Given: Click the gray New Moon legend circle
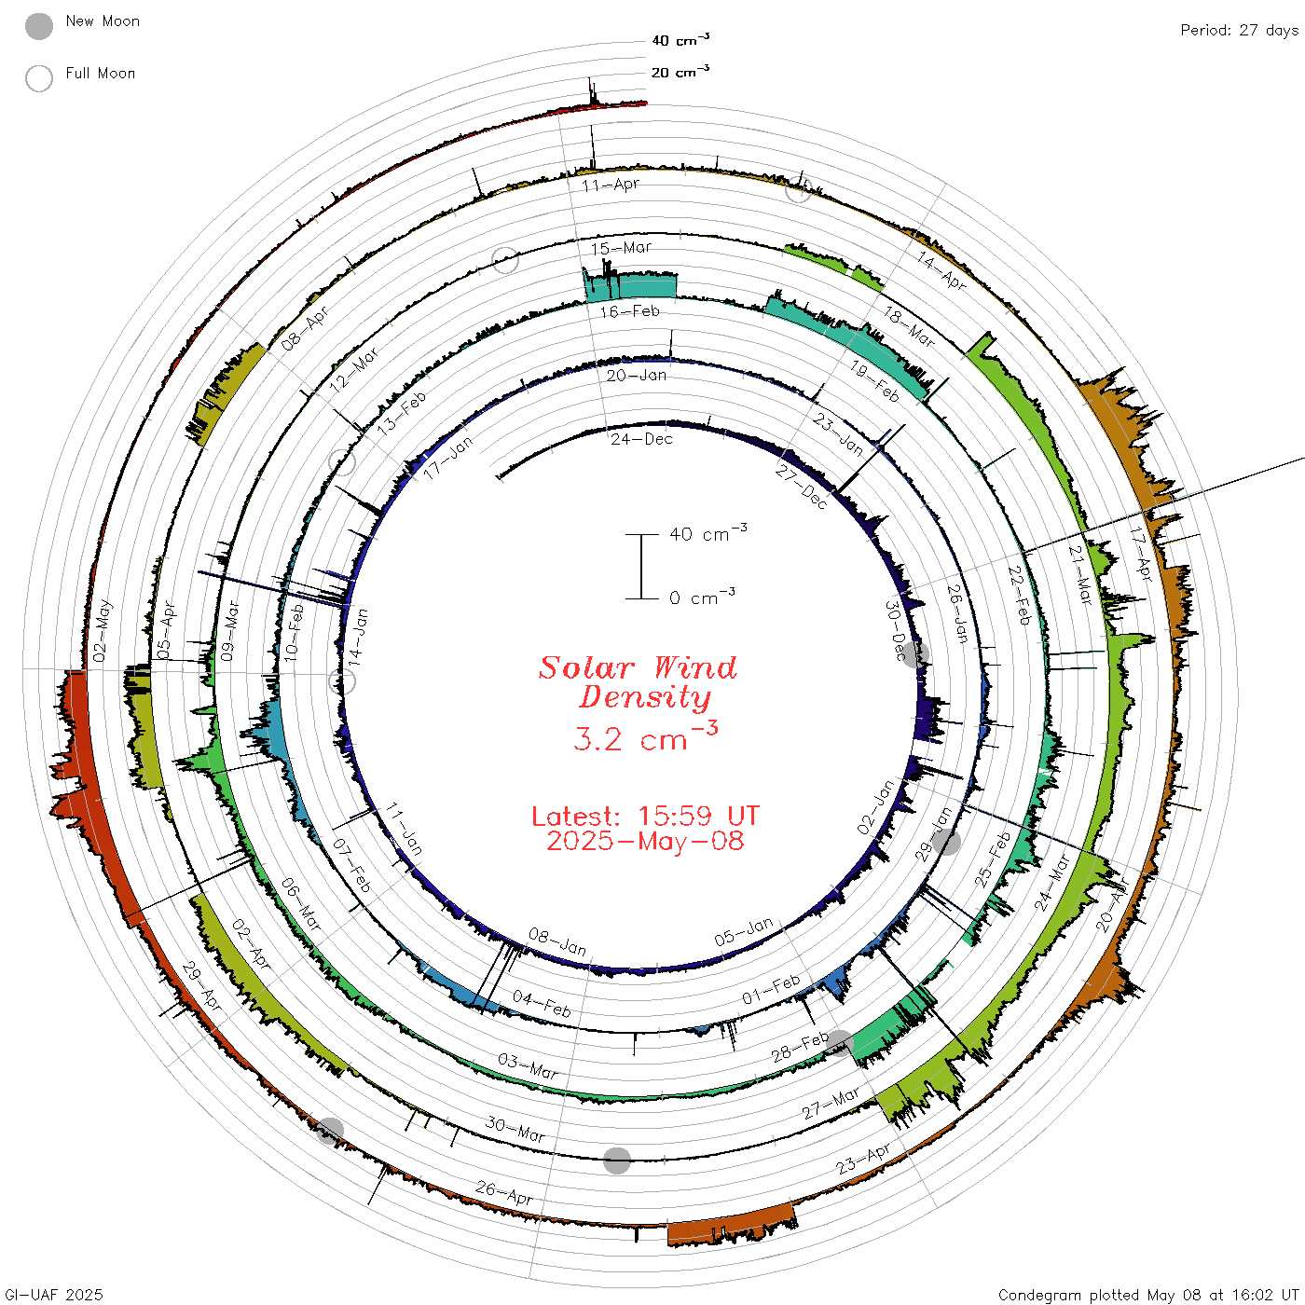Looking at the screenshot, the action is [39, 26].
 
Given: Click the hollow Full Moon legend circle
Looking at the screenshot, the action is [39, 78].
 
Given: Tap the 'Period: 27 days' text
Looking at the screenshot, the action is [1240, 31].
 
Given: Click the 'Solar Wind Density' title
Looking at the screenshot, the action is [639, 682].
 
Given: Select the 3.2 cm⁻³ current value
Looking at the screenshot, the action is [645, 736].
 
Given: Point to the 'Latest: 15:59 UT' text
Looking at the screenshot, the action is [645, 816].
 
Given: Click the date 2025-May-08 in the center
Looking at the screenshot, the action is [645, 841].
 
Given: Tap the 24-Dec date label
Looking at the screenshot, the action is [641, 440].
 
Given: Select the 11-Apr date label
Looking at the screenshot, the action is [611, 185].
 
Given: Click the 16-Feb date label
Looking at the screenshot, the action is [630, 311].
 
